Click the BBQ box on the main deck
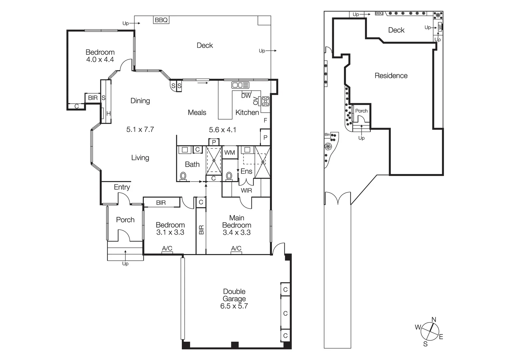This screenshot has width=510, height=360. (161, 20)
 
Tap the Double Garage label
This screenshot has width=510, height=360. (234, 295)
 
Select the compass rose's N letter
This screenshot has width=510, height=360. (434, 320)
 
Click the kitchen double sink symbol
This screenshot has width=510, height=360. (240, 85)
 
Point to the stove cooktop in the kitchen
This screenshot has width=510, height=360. (266, 101)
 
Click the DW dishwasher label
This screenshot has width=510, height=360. (246, 96)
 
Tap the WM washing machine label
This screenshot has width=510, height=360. (229, 153)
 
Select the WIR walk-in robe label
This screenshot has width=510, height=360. (246, 191)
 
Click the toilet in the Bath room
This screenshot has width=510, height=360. (183, 176)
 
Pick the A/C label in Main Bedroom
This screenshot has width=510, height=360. (236, 248)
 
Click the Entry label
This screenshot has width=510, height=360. (122, 187)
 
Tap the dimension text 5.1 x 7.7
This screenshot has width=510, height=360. (140, 129)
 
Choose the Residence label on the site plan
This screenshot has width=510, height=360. (391, 76)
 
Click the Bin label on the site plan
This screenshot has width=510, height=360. (327, 135)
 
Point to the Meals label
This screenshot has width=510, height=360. (197, 113)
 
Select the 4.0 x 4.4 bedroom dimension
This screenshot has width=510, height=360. (100, 60)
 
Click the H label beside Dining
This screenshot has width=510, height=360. (108, 114)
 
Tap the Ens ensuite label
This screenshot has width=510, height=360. (246, 171)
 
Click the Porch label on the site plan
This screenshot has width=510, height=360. (361, 111)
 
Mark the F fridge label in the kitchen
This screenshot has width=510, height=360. (266, 120)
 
